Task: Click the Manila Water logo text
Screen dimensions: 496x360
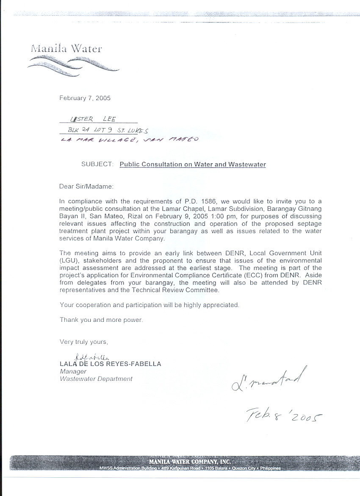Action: pyautogui.click(x=66, y=48)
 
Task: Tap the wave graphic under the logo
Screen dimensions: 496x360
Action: pyautogui.click(x=72, y=66)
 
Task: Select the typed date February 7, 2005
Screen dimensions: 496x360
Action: pyautogui.click(x=85, y=98)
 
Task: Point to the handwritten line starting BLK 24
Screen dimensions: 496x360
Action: pyautogui.click(x=108, y=131)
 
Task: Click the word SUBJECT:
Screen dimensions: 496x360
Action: pyautogui.click(x=97, y=164)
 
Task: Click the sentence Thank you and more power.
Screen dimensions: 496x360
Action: pyautogui.click(x=101, y=320)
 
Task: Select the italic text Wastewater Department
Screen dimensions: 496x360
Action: pyautogui.click(x=96, y=379)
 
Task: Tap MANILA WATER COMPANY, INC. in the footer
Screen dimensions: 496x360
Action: pyautogui.click(x=189, y=461)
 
